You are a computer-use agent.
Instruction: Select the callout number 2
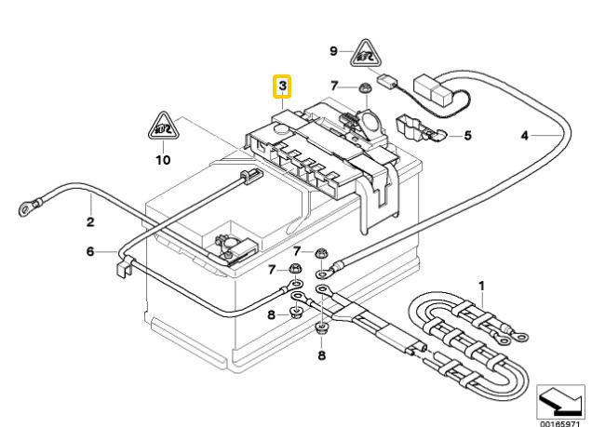(90, 222)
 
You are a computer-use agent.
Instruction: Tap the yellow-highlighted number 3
(282, 87)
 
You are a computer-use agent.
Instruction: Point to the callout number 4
(525, 136)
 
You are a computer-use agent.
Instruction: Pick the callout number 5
(467, 136)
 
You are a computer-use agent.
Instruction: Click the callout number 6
(90, 251)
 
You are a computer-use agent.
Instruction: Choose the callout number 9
(334, 49)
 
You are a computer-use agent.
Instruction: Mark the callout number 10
(163, 159)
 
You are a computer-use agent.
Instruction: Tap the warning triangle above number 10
(163, 127)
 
